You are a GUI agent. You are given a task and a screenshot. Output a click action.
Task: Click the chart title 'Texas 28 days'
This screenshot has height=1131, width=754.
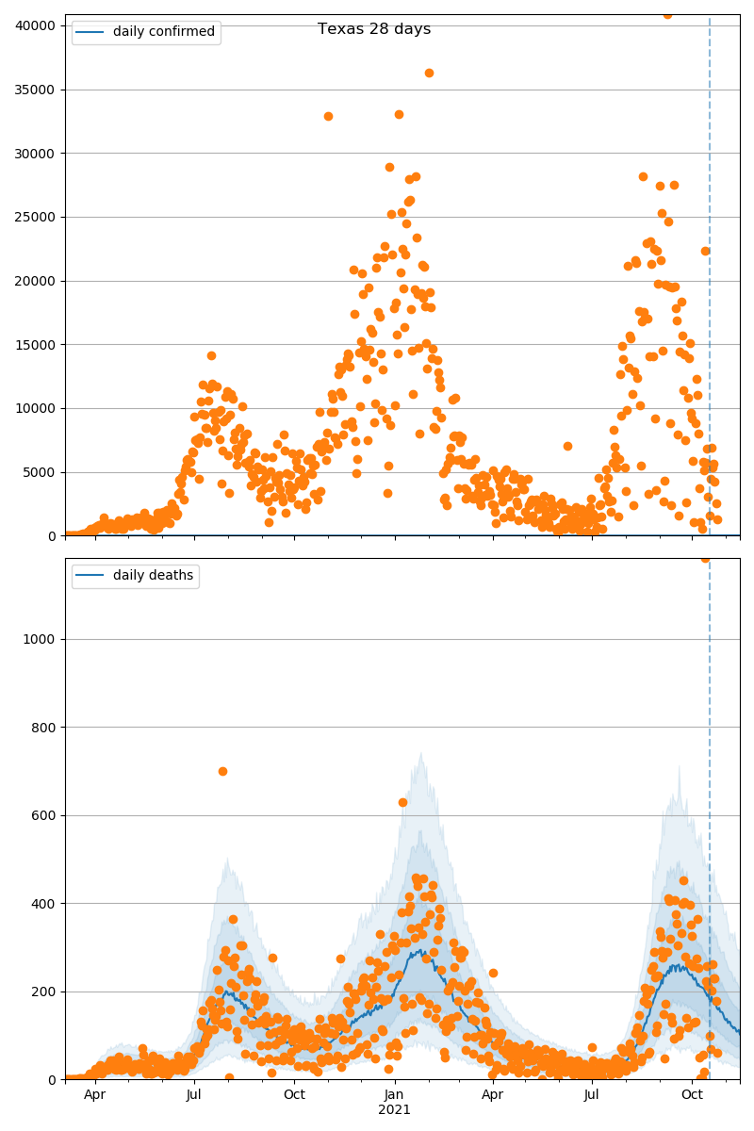coord(374,29)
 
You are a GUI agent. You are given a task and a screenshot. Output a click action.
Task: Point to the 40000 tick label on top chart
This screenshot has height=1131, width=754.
coord(39,25)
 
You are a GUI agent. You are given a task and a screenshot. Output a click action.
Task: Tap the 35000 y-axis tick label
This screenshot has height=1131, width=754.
coord(39,90)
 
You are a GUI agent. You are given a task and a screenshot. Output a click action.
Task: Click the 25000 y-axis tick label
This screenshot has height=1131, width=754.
coord(39,217)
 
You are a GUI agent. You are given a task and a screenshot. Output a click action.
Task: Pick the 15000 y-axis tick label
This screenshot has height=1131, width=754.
coord(39,345)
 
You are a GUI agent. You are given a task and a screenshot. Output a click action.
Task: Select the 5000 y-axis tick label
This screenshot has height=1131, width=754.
coord(42,472)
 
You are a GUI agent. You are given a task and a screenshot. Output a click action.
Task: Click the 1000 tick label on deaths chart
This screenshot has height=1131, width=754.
coord(42,639)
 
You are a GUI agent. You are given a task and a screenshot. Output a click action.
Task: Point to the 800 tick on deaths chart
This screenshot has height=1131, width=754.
coord(45,728)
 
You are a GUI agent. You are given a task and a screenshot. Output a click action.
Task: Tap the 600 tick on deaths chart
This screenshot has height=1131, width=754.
coord(45,815)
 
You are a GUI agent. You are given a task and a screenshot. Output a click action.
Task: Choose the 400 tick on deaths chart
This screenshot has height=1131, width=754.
coord(45,904)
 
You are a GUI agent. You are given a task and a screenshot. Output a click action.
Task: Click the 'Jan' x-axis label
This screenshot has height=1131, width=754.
coord(394,1094)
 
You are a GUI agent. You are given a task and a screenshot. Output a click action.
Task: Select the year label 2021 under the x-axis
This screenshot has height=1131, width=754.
coord(394,1109)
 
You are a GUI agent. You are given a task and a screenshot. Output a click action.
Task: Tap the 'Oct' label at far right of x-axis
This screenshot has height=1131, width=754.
coord(693,1094)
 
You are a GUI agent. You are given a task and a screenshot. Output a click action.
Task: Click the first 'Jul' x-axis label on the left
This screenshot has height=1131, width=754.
coord(194,1094)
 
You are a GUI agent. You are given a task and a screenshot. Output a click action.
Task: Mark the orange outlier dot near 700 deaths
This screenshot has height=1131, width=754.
coord(222,771)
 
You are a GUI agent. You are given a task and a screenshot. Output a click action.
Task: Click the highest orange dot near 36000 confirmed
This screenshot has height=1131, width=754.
coord(429,73)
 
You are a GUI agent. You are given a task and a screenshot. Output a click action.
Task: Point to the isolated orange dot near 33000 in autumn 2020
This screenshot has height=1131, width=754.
coord(328,116)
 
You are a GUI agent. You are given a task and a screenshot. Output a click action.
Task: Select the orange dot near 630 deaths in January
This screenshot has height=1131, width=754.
coord(402,802)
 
